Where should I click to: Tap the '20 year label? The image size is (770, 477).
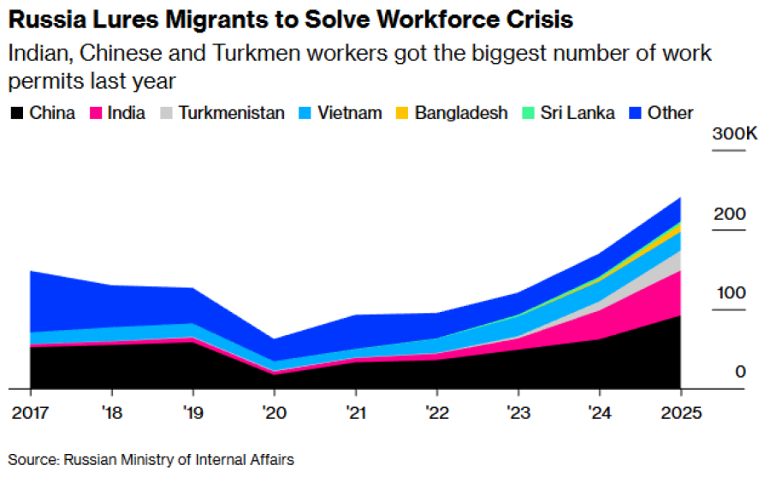click(275, 413)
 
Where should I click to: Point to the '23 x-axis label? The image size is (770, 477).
click(518, 413)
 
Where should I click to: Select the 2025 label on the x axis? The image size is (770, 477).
click(680, 413)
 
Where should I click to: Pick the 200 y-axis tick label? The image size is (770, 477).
click(729, 214)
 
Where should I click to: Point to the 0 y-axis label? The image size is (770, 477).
click(740, 372)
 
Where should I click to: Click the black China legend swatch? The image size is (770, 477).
click(17, 113)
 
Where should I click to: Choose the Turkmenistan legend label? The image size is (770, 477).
click(231, 113)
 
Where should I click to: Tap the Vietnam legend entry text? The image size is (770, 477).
click(349, 113)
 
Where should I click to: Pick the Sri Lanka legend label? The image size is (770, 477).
click(577, 113)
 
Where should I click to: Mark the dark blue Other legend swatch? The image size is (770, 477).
click(634, 113)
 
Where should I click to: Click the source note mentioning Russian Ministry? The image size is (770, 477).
click(151, 460)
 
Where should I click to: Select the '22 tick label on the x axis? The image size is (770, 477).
click(437, 413)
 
